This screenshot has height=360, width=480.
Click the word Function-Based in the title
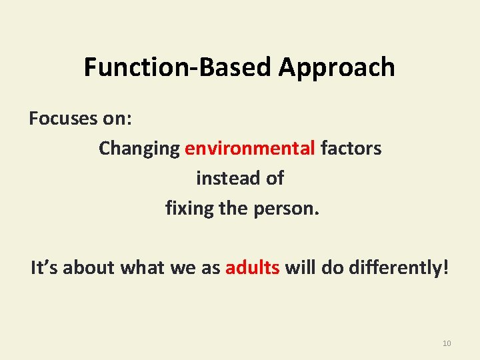(x=178, y=67)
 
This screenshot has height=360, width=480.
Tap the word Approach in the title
(x=337, y=67)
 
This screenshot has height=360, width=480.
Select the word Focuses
(x=58, y=119)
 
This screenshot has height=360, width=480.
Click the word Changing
(x=139, y=149)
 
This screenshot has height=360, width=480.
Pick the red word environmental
(x=250, y=148)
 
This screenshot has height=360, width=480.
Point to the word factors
(x=351, y=148)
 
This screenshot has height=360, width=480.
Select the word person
(x=287, y=209)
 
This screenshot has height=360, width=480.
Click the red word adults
(x=253, y=269)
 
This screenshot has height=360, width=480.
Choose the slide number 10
(x=447, y=343)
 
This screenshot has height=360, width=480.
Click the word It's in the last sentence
(x=45, y=269)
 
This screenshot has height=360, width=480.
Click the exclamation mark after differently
(x=446, y=269)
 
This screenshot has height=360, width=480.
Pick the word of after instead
(x=274, y=179)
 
